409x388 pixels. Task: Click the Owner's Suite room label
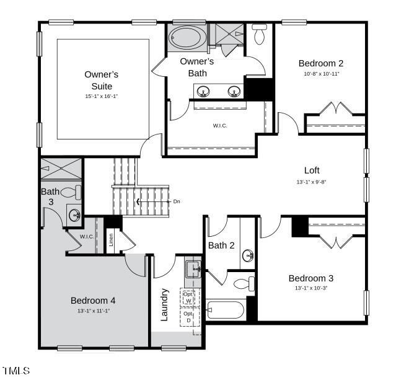(102, 80)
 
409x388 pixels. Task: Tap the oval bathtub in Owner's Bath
(186, 38)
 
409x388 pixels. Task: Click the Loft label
(312, 170)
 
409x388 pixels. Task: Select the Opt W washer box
(189, 297)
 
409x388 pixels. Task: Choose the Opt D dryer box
(189, 317)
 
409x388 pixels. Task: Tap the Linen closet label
(112, 239)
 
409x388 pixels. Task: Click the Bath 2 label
(221, 245)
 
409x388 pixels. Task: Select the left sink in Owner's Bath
(203, 92)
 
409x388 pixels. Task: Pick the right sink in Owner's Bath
(234, 92)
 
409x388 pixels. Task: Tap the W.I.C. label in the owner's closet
(220, 126)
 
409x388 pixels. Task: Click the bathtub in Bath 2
(226, 309)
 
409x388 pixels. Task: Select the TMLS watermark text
(16, 371)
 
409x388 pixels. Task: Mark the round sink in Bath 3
(74, 215)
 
